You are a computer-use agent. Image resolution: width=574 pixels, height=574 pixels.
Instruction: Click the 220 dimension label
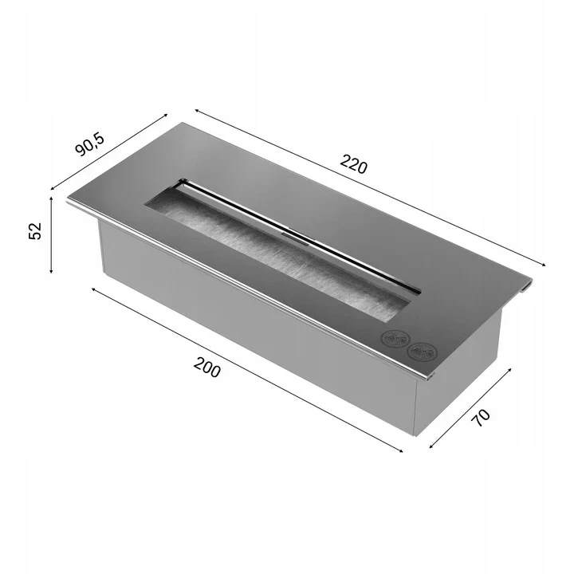(x=353, y=164)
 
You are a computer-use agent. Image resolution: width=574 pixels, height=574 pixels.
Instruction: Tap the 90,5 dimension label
(x=90, y=144)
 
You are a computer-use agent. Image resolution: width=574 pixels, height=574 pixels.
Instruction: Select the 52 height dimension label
(x=35, y=231)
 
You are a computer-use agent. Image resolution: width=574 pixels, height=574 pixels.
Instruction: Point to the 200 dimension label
(x=207, y=368)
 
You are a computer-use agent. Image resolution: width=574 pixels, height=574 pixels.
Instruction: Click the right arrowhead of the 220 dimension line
(x=543, y=264)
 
